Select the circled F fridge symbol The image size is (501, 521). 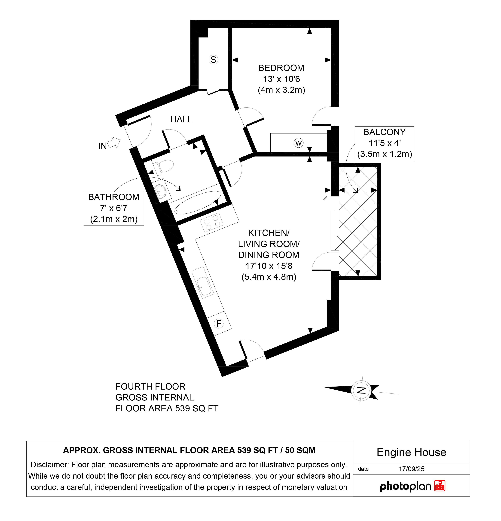(x=219, y=323)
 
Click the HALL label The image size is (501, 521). (x=181, y=120)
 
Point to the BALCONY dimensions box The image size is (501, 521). (x=384, y=144)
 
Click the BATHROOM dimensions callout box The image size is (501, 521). (x=114, y=209)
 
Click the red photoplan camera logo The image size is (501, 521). (x=440, y=486)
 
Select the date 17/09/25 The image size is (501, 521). (x=412, y=469)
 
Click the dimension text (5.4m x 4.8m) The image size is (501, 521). (x=269, y=277)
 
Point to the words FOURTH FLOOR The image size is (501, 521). (x=150, y=387)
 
